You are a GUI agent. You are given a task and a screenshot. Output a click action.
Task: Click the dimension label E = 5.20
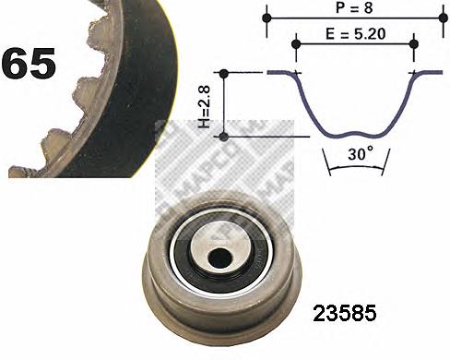pyautogui.click(x=353, y=31)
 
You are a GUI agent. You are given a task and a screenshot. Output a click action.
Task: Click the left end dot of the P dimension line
pyautogui.click(x=266, y=18)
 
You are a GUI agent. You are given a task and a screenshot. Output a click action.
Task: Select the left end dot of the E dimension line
pyautogui.click(x=296, y=42)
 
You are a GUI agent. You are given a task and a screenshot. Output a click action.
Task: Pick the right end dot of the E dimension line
pyautogui.click(x=413, y=42)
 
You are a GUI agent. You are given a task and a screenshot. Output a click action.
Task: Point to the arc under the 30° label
pyautogui.click(x=354, y=172)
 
